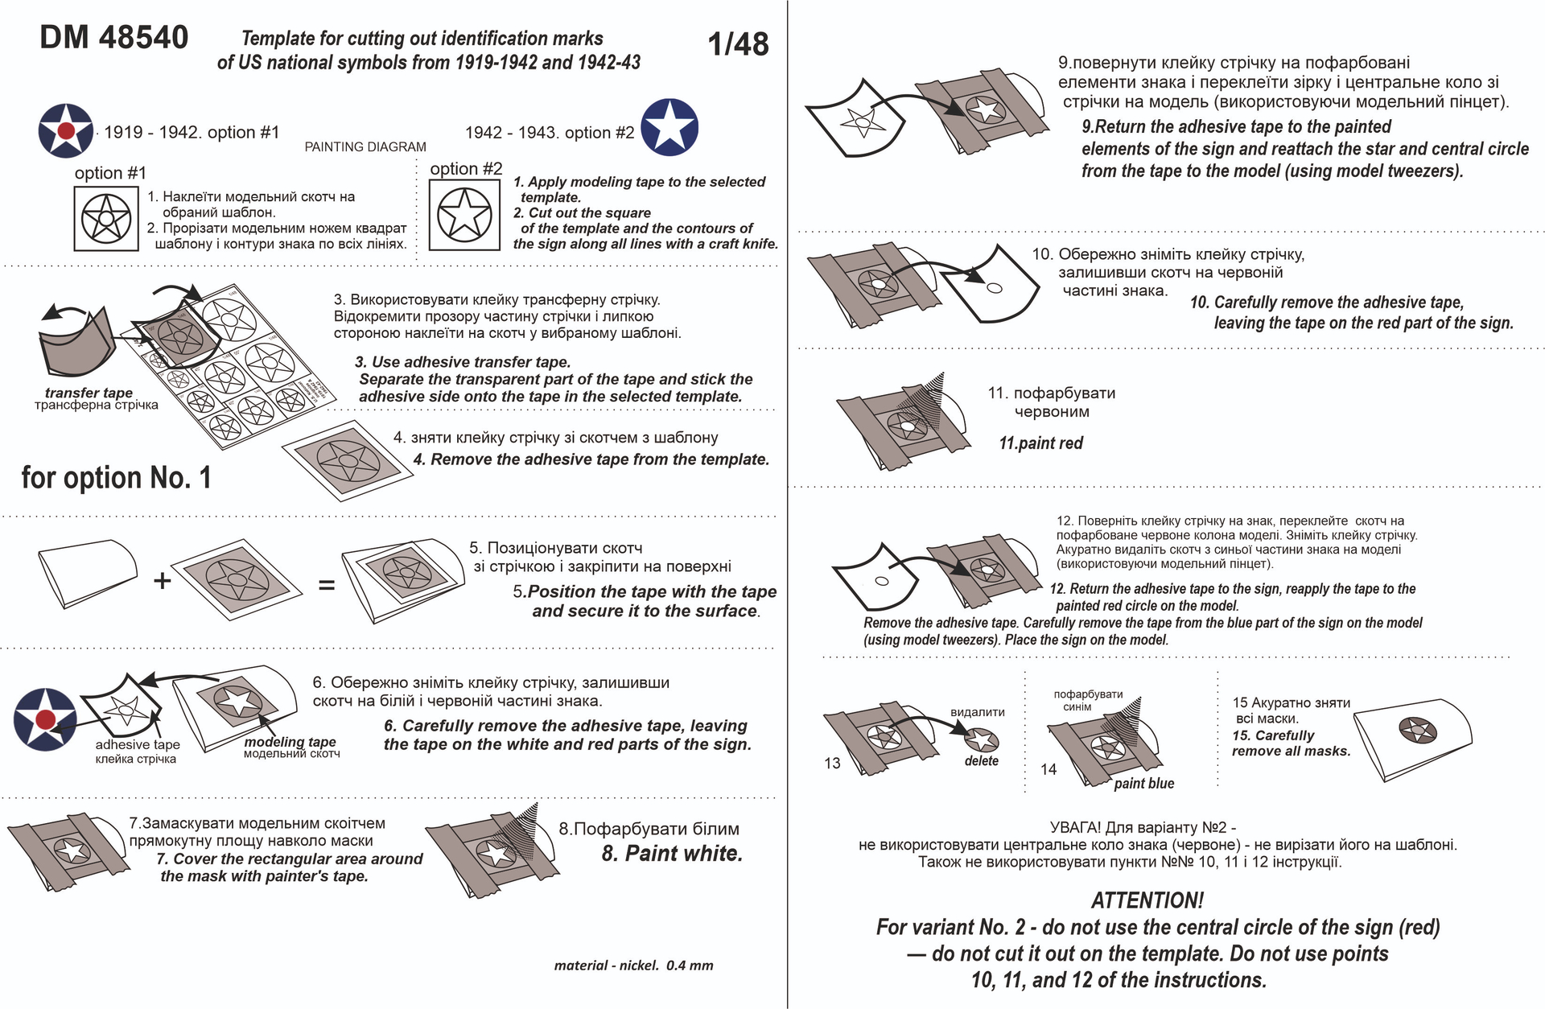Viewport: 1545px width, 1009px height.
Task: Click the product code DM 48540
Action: click(114, 38)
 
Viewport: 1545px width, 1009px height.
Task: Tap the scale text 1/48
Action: click(738, 44)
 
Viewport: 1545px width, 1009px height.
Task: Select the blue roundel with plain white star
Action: click(669, 127)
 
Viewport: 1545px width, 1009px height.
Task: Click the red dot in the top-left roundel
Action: click(67, 131)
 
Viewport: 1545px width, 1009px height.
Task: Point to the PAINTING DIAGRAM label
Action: click(365, 147)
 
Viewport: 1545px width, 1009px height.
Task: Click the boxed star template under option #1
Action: click(106, 218)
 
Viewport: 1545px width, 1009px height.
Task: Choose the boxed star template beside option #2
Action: click(464, 215)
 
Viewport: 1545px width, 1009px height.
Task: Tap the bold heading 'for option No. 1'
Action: click(116, 478)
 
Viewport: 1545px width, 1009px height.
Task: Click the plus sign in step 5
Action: click(163, 580)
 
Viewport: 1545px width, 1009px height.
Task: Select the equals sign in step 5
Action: click(326, 586)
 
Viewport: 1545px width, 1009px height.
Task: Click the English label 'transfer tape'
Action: click(89, 393)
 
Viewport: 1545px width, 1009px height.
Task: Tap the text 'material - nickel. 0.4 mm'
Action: click(633, 966)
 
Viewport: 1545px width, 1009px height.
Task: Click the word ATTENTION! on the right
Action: click(1147, 900)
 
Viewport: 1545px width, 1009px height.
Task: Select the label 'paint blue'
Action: click(1143, 784)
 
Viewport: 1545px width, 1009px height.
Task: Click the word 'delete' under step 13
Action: click(981, 761)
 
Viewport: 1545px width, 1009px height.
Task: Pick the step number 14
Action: click(1049, 769)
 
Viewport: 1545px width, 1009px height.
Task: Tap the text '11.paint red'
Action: click(1040, 443)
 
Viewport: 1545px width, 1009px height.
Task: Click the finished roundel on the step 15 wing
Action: click(1417, 730)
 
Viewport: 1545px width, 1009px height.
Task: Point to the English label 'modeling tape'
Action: click(290, 742)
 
